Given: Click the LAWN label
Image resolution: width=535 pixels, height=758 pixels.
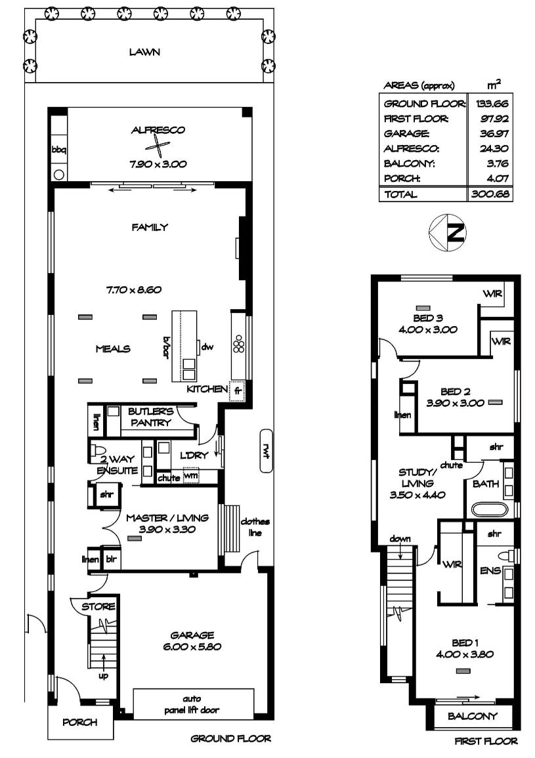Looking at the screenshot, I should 144,52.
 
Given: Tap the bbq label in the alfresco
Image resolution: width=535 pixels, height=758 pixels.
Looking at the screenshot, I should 58,150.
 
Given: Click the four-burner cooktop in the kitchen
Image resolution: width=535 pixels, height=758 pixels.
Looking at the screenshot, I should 239,345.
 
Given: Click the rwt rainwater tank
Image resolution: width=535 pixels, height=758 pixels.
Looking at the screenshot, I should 266,450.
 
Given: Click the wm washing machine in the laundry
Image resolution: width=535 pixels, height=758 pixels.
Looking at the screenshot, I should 190,476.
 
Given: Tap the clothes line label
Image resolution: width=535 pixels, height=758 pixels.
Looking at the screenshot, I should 255,527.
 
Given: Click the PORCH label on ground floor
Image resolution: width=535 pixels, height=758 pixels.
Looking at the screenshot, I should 80,723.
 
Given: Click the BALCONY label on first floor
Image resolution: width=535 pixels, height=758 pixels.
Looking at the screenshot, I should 473,716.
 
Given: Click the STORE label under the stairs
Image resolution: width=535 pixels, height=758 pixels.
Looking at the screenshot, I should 98,606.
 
